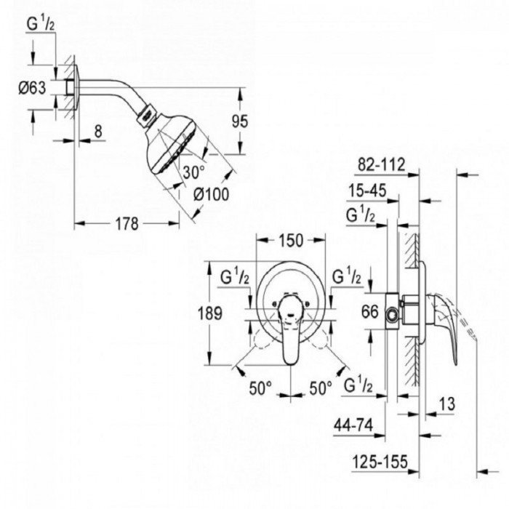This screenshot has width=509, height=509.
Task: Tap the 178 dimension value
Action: pos(127,224)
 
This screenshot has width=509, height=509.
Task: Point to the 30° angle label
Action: pos(194,173)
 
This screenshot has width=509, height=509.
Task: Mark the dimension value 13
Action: pos(449,403)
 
